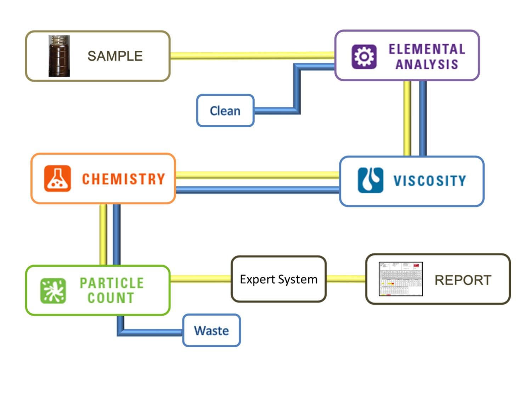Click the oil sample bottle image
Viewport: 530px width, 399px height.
tap(59, 56)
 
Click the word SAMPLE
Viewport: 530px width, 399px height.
tap(115, 56)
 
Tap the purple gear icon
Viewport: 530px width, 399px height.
tap(364, 56)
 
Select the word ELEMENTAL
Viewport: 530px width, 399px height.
tap(427, 49)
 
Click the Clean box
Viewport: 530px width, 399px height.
tap(225, 111)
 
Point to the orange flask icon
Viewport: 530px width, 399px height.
tap(57, 178)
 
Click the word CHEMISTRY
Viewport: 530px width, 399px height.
tap(124, 179)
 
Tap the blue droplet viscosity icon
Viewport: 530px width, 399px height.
tap(370, 180)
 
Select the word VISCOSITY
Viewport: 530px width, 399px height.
tap(430, 181)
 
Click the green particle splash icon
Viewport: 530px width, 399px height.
tap(53, 291)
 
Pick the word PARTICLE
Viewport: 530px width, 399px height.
tap(112, 283)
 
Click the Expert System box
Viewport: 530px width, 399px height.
tap(278, 279)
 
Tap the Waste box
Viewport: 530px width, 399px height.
tap(212, 331)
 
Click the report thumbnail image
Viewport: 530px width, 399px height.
tap(401, 279)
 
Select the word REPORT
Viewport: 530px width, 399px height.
tap(463, 280)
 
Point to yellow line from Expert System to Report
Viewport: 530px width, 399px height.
tap(346, 279)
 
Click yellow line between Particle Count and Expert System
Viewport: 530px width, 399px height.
tap(201, 279)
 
